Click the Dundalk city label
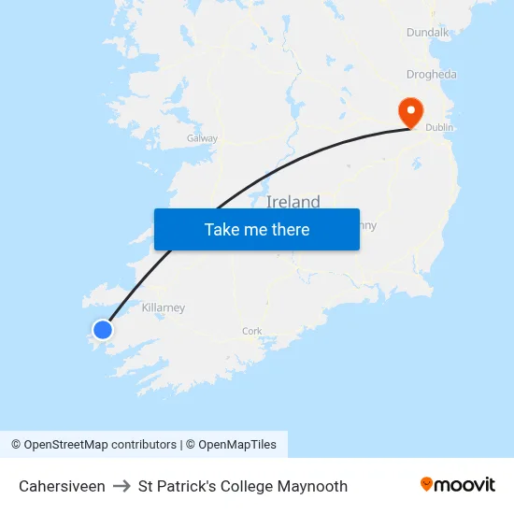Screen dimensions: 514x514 point(428,33)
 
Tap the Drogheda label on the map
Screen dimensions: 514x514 point(432,75)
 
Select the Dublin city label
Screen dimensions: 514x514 point(439,127)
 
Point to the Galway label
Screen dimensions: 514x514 point(202,138)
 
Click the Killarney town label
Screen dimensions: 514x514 point(164,307)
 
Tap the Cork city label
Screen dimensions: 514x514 point(252,331)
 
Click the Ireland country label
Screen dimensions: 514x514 point(293,202)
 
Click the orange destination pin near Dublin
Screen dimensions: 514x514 point(410,112)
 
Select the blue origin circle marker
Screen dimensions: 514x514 point(103,329)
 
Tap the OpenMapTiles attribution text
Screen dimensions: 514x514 point(237,445)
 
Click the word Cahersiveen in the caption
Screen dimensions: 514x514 point(62,486)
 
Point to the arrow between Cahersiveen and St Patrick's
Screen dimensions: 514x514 point(121,486)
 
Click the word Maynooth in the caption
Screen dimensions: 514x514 point(313,486)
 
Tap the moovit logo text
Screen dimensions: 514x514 point(465,484)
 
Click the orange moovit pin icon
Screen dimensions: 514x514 point(426,484)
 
